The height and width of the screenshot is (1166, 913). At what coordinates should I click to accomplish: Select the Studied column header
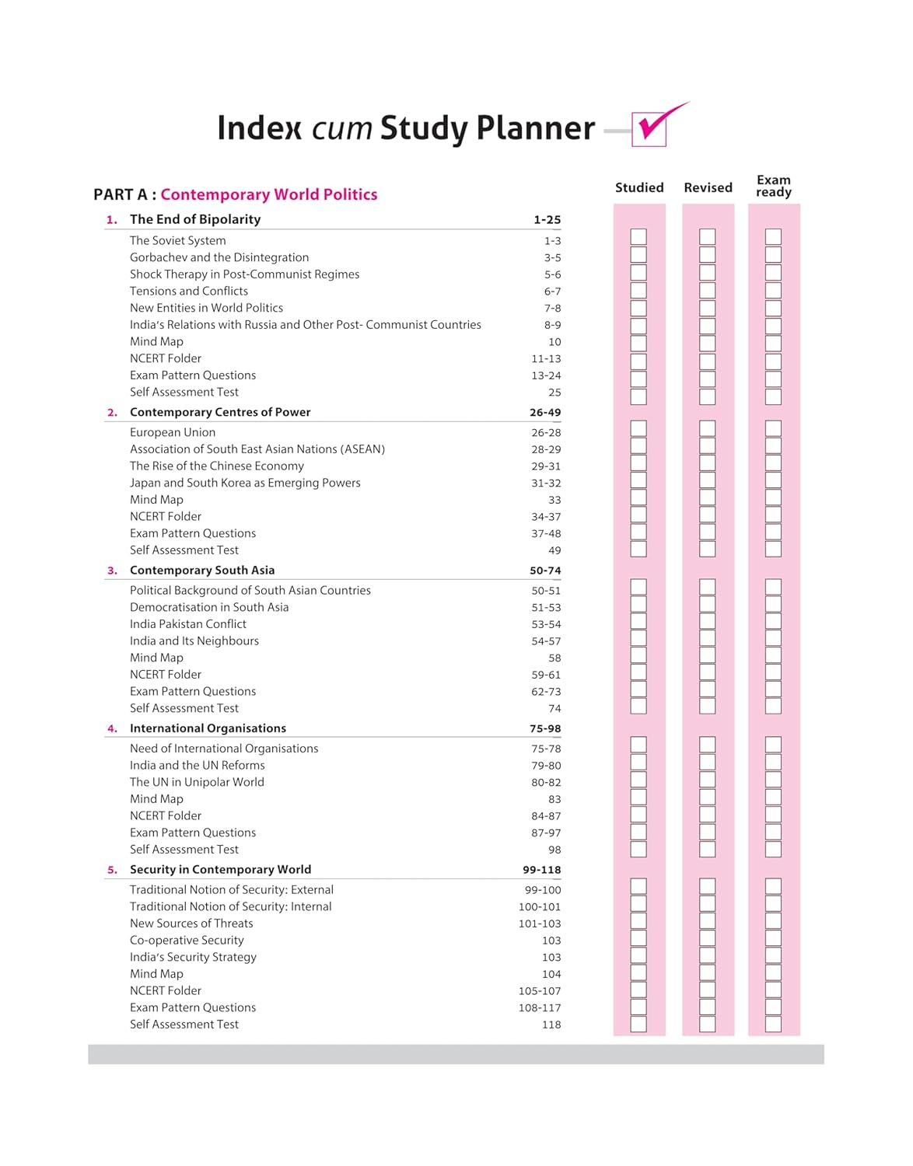tap(639, 187)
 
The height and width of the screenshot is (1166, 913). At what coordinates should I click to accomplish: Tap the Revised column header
tap(708, 187)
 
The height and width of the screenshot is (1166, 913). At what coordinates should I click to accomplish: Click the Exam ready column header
tap(774, 186)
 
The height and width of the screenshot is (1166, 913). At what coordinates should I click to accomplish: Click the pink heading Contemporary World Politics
tap(268, 194)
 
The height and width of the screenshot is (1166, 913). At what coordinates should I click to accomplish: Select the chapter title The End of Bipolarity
tap(195, 219)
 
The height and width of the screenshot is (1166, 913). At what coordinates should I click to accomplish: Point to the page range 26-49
tap(545, 413)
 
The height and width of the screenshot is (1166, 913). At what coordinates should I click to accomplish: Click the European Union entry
tap(173, 432)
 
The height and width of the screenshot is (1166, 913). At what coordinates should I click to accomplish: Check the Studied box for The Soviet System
tap(638, 237)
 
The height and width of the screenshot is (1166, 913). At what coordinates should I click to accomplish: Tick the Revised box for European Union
tap(708, 428)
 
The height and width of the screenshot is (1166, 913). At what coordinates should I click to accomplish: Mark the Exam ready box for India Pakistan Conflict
tap(773, 621)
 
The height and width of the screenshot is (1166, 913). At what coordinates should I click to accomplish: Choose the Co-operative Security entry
tap(187, 940)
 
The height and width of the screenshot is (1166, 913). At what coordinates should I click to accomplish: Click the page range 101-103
tap(540, 923)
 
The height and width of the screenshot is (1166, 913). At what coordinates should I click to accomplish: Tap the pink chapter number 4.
tap(113, 728)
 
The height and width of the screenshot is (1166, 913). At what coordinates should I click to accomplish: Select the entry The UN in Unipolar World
tap(197, 782)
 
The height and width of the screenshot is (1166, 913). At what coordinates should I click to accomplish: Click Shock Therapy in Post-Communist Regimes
tap(244, 274)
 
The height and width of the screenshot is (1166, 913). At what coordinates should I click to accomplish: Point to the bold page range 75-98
tap(545, 729)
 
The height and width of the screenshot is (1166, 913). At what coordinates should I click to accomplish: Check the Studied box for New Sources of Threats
tap(638, 920)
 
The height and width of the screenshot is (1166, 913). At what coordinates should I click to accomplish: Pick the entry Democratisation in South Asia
tap(209, 607)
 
